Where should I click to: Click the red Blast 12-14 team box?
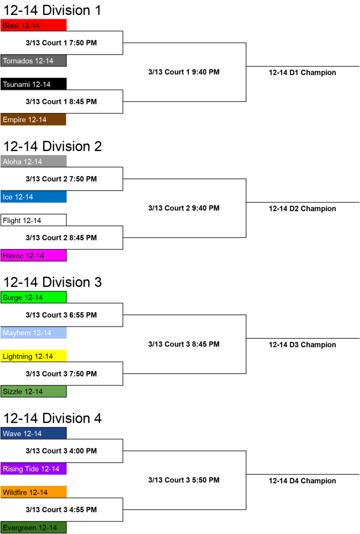33,25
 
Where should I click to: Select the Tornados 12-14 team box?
33,60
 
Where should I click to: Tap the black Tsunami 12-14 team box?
33,84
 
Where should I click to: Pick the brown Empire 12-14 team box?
33,119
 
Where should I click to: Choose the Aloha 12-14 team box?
33,161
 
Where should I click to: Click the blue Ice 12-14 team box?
33,197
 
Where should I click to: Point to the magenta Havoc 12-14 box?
33,255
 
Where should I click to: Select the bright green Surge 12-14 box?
33,297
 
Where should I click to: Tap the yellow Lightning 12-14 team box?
33,356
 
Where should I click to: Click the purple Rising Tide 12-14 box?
33,468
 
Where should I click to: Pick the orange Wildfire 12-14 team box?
33,492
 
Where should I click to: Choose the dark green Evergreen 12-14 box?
33,527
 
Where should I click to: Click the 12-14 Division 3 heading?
52,282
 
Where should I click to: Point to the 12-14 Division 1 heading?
52,10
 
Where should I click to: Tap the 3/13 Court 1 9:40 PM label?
184,72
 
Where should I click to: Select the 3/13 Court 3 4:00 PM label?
61,451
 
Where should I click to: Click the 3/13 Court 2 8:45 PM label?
61,237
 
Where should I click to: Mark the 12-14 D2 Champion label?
302,208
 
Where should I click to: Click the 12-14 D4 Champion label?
302,481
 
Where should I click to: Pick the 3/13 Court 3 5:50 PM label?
184,480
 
